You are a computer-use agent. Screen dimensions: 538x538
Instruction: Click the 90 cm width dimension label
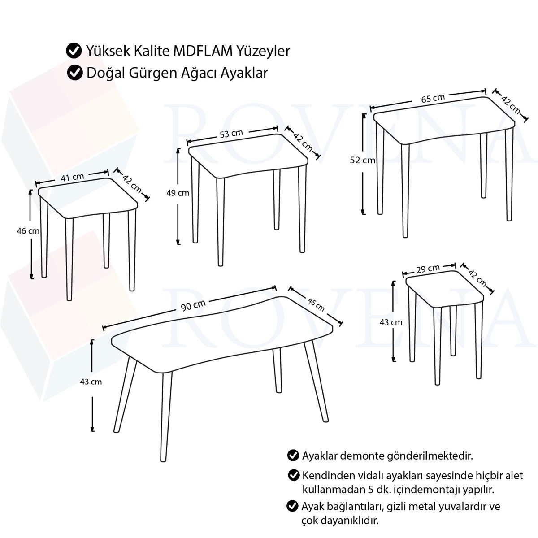click(x=193, y=305)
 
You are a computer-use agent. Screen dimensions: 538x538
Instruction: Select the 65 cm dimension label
click(x=433, y=98)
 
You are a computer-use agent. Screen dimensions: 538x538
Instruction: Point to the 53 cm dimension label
click(x=231, y=134)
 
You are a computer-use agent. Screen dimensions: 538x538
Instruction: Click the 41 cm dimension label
click(x=72, y=177)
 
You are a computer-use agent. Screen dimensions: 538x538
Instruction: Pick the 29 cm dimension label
click(x=428, y=269)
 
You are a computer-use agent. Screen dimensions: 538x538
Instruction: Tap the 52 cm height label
click(x=362, y=160)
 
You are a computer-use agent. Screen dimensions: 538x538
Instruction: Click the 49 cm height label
click(x=178, y=193)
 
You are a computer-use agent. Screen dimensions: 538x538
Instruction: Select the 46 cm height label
click(x=28, y=231)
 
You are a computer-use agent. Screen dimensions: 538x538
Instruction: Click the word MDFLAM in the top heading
click(x=203, y=51)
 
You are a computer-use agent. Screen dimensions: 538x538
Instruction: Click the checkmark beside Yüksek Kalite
click(x=74, y=51)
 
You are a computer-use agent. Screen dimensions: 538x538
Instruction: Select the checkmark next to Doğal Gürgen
click(x=75, y=73)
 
